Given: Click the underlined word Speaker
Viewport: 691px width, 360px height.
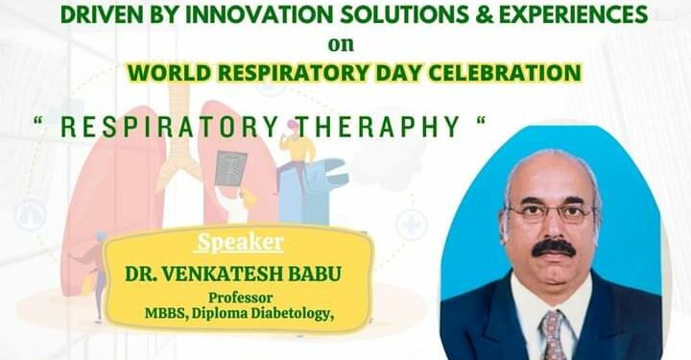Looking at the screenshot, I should [241, 242].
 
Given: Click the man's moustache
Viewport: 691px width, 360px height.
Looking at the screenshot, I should [553, 247].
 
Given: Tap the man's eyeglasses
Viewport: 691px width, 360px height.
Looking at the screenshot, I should [552, 212].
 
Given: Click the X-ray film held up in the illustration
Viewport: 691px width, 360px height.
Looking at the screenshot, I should [230, 169].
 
